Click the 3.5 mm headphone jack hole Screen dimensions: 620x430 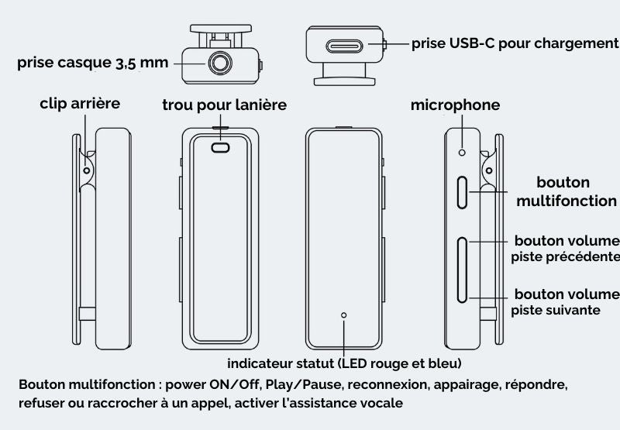point(220,63)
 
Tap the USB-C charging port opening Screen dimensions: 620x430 point(344,46)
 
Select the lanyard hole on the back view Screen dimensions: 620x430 point(220,148)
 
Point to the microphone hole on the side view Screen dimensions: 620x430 point(462,152)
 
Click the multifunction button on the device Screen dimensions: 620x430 point(462,192)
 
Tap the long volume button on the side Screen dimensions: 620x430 point(462,270)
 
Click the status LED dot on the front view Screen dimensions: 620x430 point(343,315)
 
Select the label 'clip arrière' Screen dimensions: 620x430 point(80,104)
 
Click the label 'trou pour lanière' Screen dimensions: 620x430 point(224,105)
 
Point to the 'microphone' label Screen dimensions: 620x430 point(455,105)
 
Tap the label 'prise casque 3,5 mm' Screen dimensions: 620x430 point(92,63)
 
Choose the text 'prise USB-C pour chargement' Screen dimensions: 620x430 point(515,43)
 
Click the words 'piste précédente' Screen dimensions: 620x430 point(566,257)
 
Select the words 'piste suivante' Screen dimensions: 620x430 point(556,310)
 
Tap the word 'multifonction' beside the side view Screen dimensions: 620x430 point(567,201)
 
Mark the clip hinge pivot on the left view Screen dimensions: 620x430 point(87,170)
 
